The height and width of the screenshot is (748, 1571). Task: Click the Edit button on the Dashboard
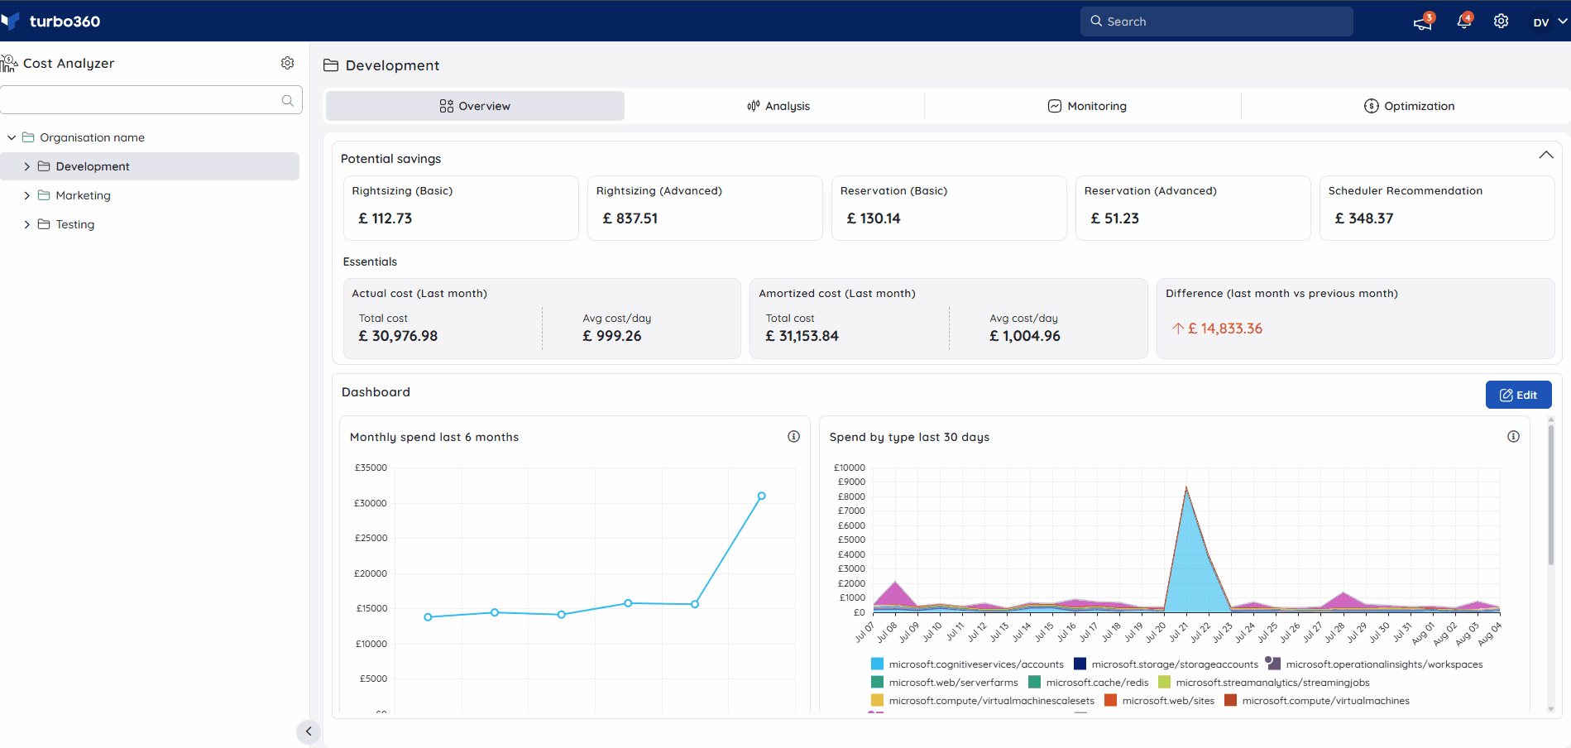coord(1518,395)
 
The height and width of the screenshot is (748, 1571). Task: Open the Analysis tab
coord(778,106)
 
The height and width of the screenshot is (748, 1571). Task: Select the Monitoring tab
coord(1087,106)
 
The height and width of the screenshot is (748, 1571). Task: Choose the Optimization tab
coord(1409,106)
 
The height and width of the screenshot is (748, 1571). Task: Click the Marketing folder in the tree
coord(83,195)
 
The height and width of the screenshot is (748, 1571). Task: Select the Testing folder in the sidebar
coord(74,224)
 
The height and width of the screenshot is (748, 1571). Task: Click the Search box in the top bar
coord(1216,22)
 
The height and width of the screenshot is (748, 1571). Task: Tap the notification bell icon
coord(1463,22)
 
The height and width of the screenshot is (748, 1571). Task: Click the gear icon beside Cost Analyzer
coord(287,63)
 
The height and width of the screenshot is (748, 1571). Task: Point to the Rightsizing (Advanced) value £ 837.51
coord(630,218)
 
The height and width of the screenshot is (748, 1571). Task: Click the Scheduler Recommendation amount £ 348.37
coord(1364,218)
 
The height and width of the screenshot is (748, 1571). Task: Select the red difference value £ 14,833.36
coord(1225,328)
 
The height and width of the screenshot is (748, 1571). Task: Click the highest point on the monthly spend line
coord(761,496)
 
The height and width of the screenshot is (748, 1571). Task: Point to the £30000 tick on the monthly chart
coord(371,503)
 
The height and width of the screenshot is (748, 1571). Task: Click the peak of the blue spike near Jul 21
coord(1186,487)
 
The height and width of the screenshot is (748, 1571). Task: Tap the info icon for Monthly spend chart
coord(793,436)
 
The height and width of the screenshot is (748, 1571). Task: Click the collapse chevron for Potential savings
coord(1545,156)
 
